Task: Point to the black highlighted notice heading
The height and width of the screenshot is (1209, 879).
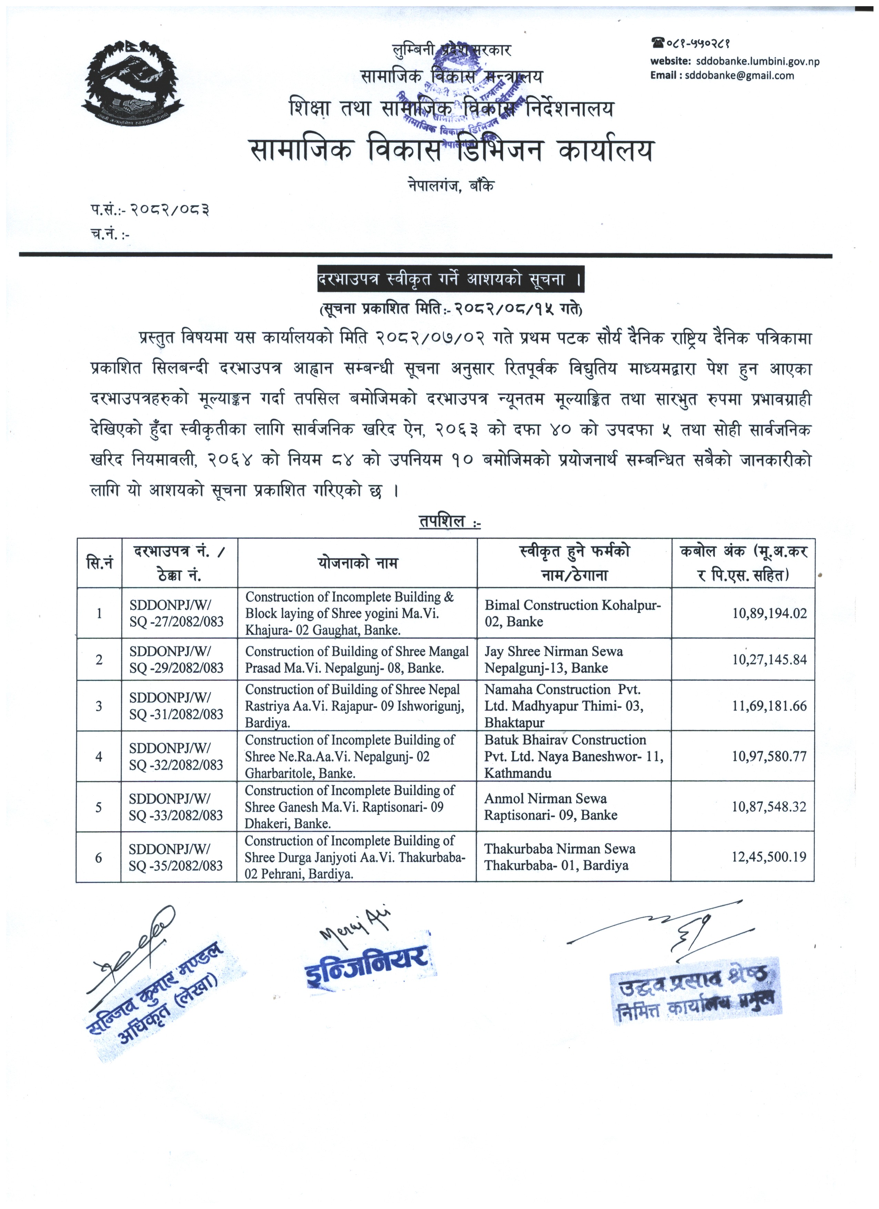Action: [451, 279]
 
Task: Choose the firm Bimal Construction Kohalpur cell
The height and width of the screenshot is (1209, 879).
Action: [573, 613]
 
